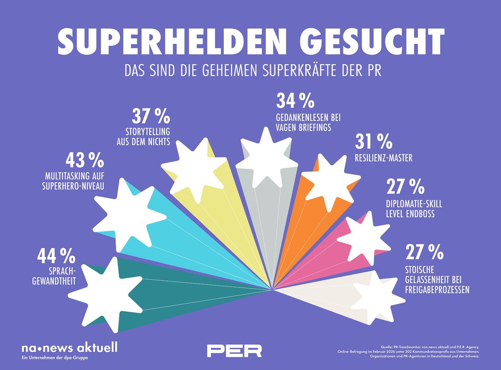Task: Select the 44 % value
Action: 56,256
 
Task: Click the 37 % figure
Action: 151,116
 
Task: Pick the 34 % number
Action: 295,101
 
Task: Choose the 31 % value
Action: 374,141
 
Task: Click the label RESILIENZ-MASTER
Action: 384,158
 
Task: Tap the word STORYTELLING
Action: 148,132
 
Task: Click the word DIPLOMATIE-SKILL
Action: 414,204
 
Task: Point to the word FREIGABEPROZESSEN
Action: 437,289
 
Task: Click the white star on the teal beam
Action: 105,295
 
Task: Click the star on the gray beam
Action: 266,158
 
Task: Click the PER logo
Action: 235,350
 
